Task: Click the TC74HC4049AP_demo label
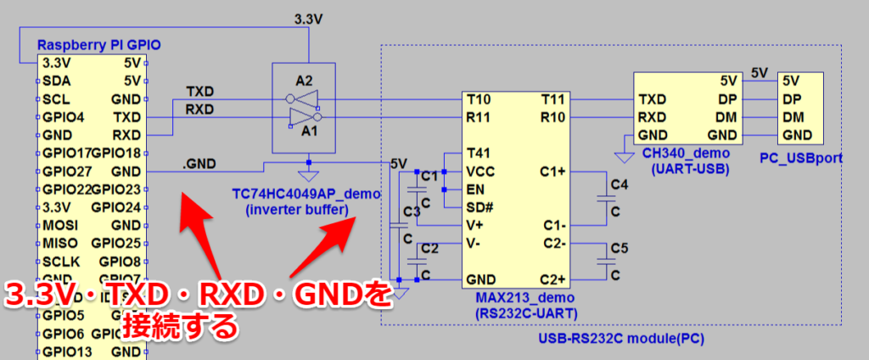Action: [306, 194]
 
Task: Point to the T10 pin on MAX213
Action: [479, 99]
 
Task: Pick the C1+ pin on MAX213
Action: [553, 172]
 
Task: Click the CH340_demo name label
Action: [687, 152]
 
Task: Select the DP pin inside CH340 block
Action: [727, 99]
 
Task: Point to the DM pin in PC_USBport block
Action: [793, 117]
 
